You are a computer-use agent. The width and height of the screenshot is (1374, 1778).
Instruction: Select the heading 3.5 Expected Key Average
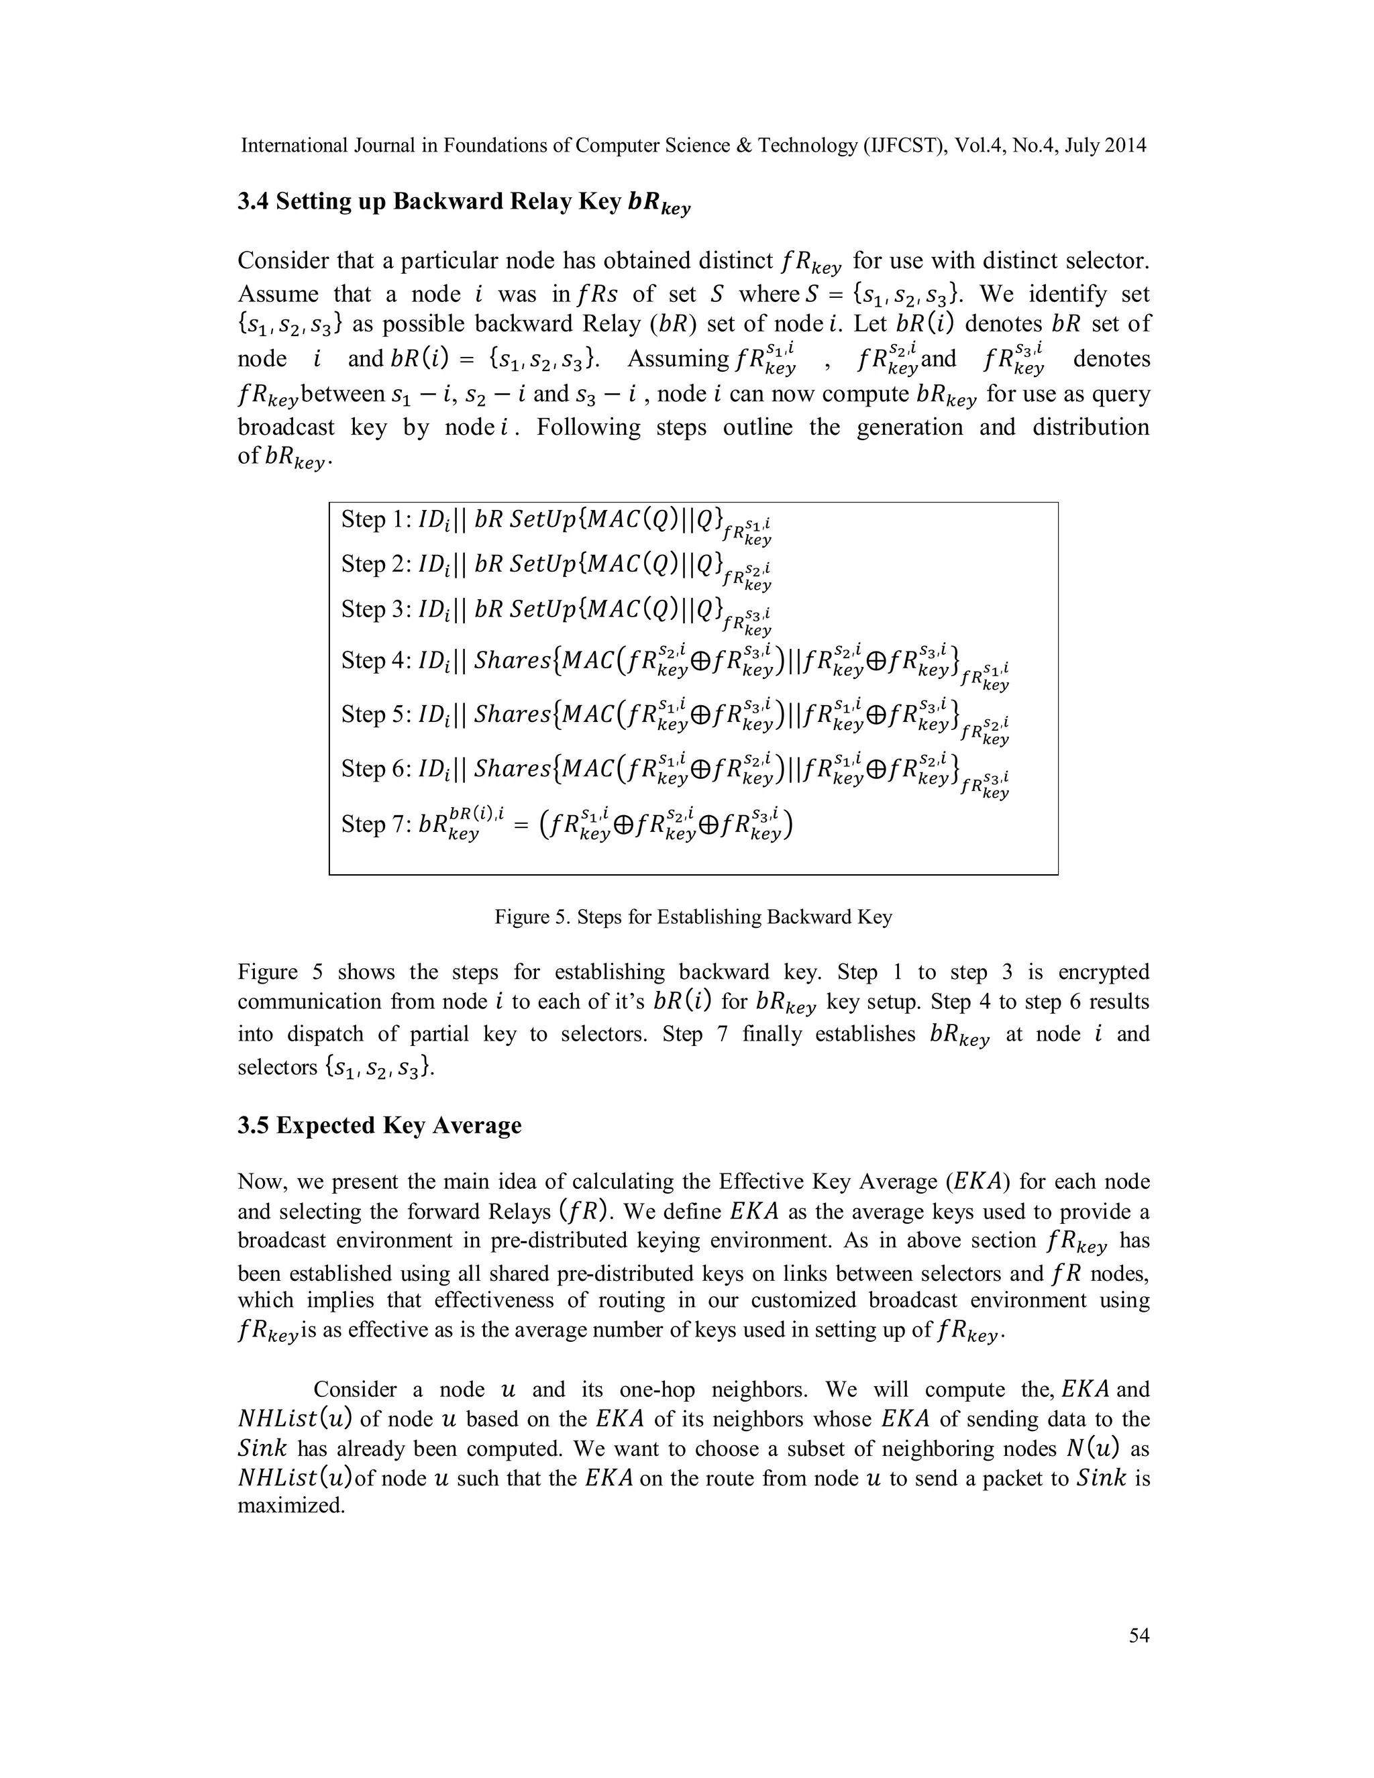click(x=379, y=1125)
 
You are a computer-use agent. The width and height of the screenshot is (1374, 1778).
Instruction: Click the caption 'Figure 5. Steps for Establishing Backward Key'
click(x=692, y=917)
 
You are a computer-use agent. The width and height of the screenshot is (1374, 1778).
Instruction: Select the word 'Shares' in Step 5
click(x=512, y=714)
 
